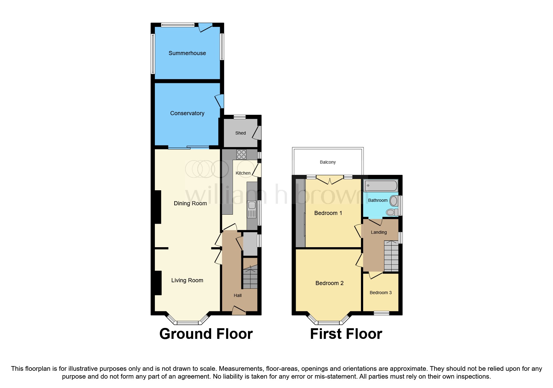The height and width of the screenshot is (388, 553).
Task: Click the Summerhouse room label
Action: (187, 53)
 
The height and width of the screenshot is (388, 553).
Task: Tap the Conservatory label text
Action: (187, 113)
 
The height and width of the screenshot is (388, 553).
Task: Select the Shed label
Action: (240, 133)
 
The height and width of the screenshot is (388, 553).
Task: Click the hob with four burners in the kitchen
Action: (241, 154)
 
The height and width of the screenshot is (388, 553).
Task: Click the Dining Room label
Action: (190, 203)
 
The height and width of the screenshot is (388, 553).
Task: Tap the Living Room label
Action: (187, 280)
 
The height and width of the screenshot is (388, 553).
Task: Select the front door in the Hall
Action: (239, 310)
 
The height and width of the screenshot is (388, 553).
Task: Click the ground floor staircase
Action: (250, 277)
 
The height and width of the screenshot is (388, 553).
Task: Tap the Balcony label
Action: (328, 162)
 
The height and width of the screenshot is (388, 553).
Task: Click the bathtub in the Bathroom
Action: (381, 186)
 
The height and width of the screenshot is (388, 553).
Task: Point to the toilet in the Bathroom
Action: (392, 212)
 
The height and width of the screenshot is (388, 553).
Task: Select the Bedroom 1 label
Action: (328, 213)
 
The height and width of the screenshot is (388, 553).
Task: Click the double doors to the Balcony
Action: (330, 181)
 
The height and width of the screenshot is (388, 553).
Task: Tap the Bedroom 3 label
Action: (380, 293)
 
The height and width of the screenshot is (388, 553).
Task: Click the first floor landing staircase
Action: (391, 256)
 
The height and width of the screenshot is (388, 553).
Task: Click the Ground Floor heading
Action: (206, 334)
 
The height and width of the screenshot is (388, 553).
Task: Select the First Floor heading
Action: (346, 334)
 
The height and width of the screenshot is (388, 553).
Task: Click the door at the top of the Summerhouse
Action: (205, 28)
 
